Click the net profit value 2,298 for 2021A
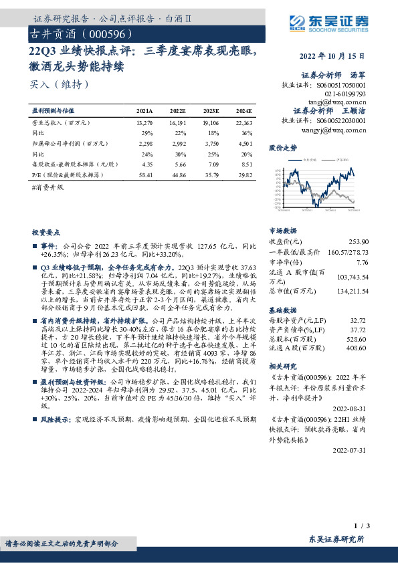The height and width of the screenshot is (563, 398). [144, 142]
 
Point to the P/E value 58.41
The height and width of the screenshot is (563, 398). [144, 174]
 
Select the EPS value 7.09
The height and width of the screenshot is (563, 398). [211, 163]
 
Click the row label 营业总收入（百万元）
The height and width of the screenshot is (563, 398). [61, 123]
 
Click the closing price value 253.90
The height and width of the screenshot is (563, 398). [358, 240]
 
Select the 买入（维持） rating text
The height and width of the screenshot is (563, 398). [60, 85]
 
